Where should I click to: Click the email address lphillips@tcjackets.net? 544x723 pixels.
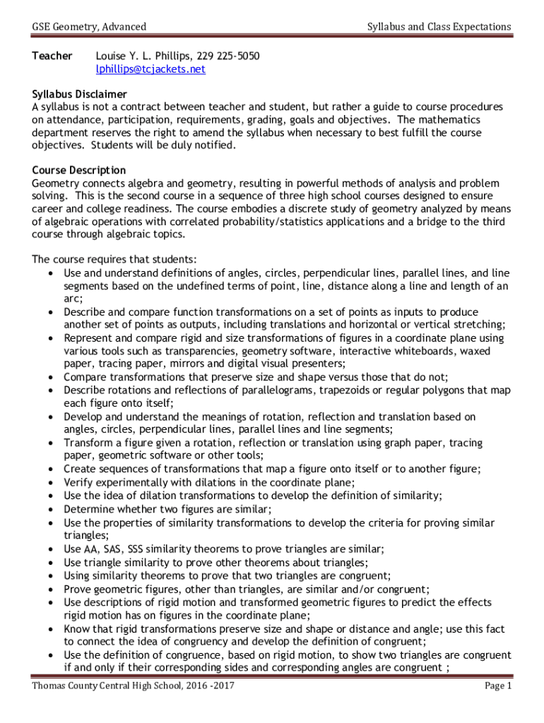click(150, 69)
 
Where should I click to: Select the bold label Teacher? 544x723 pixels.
click(52, 56)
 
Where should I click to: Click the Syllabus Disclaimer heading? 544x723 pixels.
click(80, 94)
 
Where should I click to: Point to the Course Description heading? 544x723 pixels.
click(79, 170)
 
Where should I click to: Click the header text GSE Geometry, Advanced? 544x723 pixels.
click(89, 27)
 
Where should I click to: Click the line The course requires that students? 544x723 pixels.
click(114, 259)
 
